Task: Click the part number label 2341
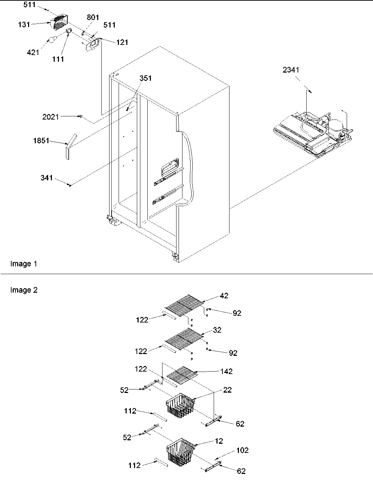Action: click(x=291, y=70)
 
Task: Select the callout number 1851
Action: click(x=41, y=141)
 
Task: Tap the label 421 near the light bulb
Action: click(x=33, y=53)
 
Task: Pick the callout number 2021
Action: click(x=51, y=117)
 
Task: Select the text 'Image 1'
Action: click(x=24, y=264)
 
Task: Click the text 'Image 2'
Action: click(x=24, y=290)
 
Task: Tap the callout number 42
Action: click(x=224, y=296)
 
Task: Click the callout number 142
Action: click(x=226, y=371)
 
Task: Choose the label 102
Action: click(x=242, y=450)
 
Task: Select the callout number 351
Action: click(x=145, y=78)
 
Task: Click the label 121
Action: click(x=122, y=42)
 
